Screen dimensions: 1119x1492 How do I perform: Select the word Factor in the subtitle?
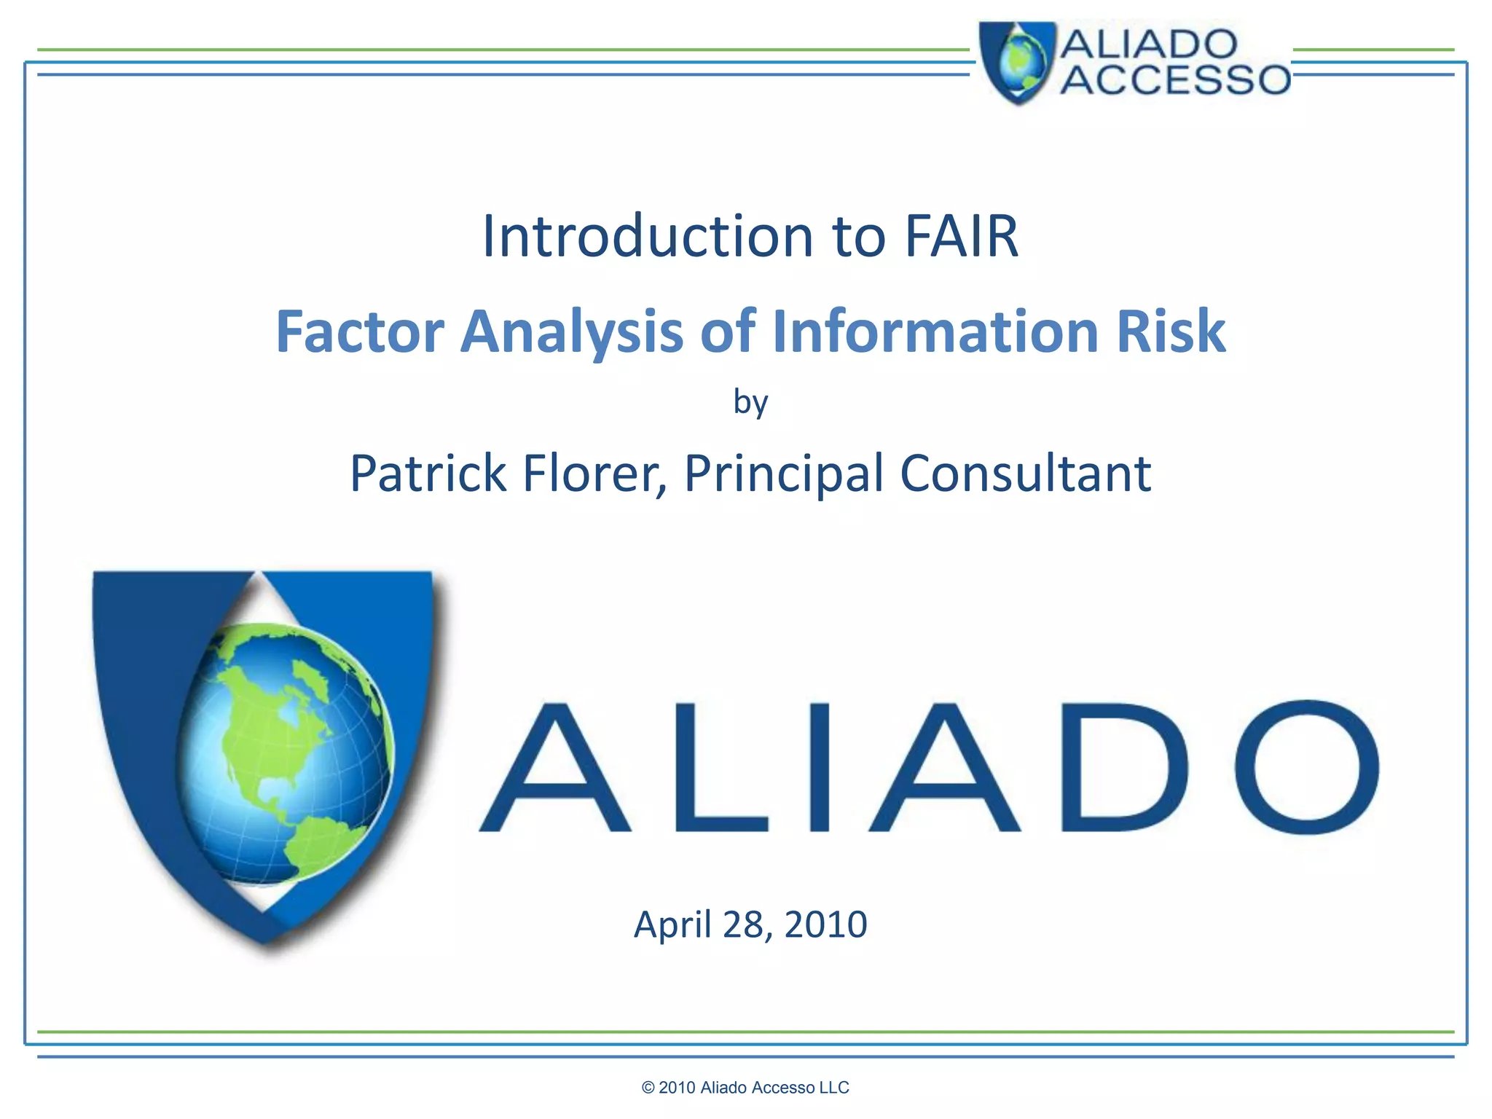(360, 331)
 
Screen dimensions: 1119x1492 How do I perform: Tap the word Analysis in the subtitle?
(572, 331)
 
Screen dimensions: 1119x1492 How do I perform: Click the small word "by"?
(750, 401)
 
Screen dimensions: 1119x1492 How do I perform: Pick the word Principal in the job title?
(783, 474)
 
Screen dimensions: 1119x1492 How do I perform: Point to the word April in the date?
(672, 924)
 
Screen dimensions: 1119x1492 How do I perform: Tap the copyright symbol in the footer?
(648, 1088)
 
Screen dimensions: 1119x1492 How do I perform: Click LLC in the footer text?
(834, 1088)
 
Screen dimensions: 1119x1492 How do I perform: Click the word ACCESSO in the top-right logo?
(1174, 79)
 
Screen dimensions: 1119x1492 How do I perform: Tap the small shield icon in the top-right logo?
(1017, 62)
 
